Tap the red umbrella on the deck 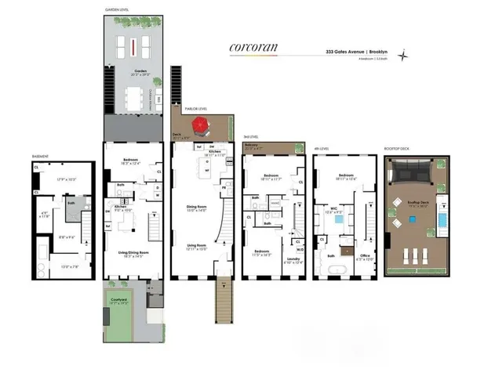pyautogui.click(x=200, y=125)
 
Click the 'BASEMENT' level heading pyautogui.click(x=41, y=156)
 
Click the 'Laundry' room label pyautogui.click(x=293, y=259)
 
